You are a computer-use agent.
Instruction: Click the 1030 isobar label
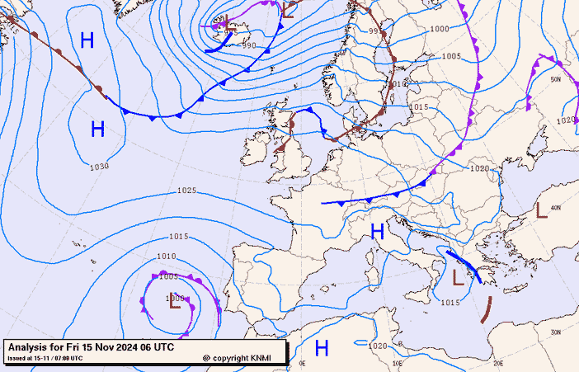[99, 167]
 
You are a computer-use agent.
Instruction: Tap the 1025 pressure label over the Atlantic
[186, 191]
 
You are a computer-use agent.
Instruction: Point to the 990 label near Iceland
[249, 45]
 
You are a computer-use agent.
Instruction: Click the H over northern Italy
[377, 232]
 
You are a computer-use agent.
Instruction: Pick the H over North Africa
[322, 347]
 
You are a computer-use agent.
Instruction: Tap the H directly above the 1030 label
[97, 129]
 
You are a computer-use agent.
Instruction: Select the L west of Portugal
[175, 302]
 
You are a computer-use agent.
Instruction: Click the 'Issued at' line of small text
[45, 358]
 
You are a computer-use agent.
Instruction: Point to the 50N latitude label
[556, 80]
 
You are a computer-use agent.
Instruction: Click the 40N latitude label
[556, 207]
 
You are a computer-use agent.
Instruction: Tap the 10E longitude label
[398, 362]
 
